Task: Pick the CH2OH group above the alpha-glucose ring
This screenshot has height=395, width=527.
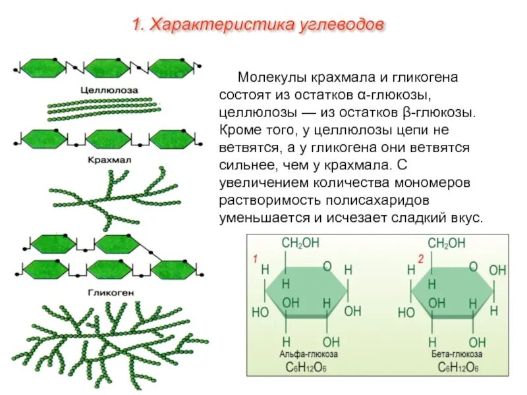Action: [x=300, y=244]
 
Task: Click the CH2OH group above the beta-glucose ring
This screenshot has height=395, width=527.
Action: [x=447, y=244]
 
